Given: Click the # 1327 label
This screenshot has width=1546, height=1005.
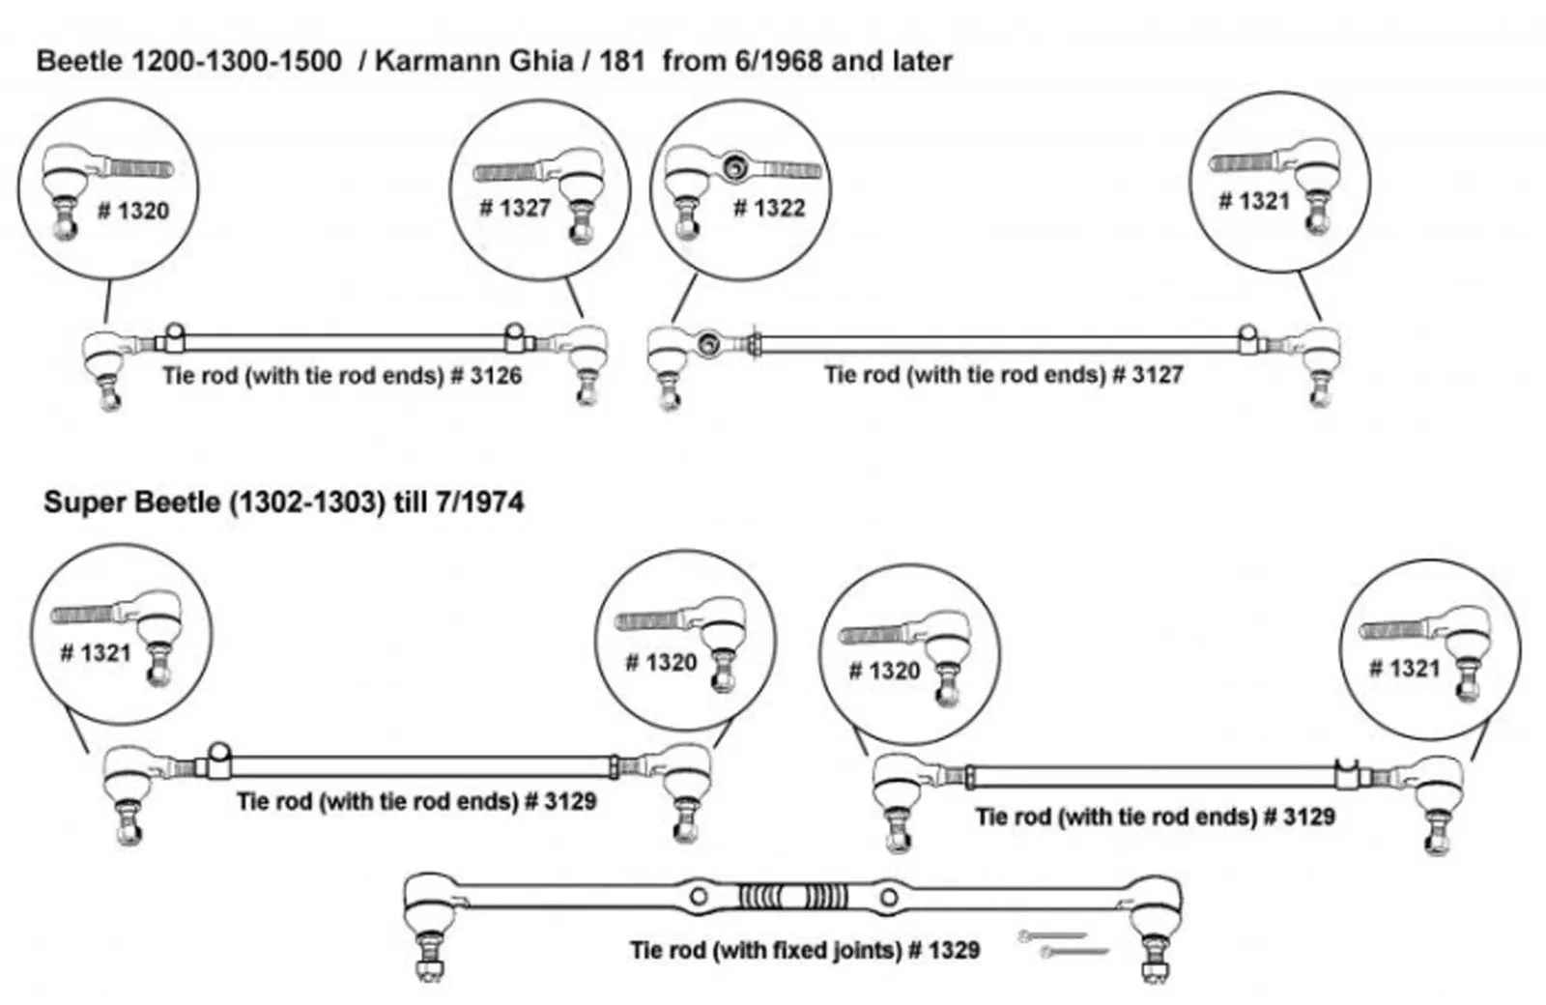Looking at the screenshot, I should [x=515, y=207].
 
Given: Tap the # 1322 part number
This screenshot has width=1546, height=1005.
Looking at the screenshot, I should [x=769, y=208].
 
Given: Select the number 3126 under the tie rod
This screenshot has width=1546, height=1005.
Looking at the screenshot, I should [x=496, y=375].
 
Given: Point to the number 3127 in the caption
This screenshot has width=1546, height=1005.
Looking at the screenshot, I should [x=1158, y=374].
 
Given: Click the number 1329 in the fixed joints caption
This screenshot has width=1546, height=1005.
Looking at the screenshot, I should [x=954, y=950].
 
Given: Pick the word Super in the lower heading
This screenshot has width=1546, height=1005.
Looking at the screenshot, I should [x=81, y=502].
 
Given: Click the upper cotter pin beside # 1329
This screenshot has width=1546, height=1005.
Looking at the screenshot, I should [x=1051, y=935].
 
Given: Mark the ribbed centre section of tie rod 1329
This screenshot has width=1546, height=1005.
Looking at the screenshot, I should [x=793, y=897].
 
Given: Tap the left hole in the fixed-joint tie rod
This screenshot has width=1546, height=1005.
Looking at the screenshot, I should [x=699, y=897].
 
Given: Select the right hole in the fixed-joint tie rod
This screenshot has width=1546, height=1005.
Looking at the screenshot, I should [x=888, y=898].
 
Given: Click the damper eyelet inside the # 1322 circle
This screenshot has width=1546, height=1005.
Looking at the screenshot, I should [x=734, y=167].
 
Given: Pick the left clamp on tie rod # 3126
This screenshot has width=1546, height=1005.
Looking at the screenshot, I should [x=172, y=337].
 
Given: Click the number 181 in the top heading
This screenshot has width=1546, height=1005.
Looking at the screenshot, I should [x=621, y=61].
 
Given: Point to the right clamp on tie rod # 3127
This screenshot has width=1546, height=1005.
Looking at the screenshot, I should [x=1249, y=338].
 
